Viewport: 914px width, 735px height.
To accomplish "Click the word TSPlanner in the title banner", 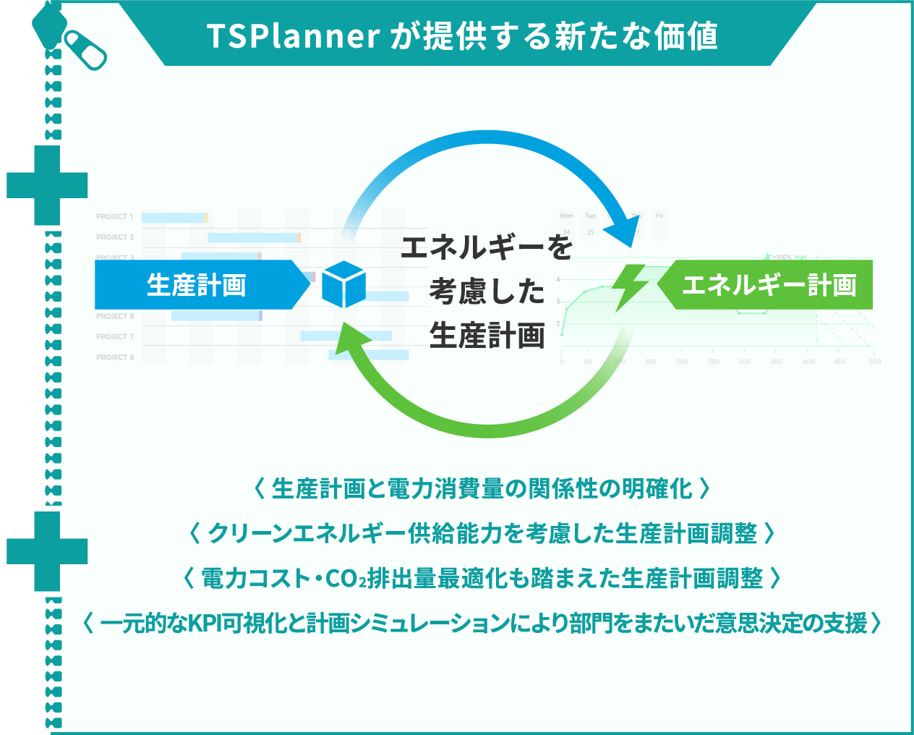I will [293, 36].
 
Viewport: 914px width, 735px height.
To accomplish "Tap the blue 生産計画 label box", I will [196, 284].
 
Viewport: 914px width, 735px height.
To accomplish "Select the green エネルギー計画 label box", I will [769, 284].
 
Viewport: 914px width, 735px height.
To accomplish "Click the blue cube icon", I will [343, 284].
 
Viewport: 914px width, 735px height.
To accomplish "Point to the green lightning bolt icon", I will [631, 286].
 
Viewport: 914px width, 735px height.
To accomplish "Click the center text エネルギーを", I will [487, 247].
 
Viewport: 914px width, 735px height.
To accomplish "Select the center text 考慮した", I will [487, 292].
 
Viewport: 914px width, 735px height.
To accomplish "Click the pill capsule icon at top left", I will [85, 49].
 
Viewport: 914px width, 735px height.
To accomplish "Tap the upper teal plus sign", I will [47, 185].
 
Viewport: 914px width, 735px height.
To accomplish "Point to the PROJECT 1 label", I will [114, 216].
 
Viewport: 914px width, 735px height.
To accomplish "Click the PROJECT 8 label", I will [115, 357].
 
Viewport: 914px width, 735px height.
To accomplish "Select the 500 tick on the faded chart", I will [875, 362].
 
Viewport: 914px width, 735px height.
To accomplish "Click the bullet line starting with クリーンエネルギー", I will [482, 534].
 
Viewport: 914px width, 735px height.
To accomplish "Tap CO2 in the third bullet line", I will [346, 579].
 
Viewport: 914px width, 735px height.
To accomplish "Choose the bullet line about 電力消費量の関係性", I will [482, 489].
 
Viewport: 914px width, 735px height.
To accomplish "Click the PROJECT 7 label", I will [115, 336].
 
